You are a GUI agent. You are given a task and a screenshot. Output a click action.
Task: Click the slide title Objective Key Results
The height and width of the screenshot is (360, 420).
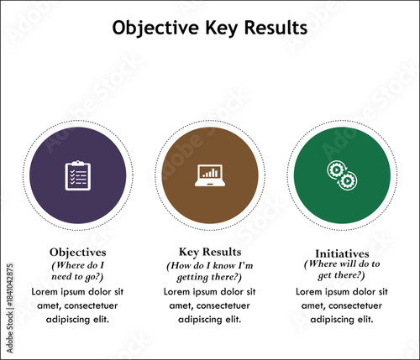(x=209, y=28)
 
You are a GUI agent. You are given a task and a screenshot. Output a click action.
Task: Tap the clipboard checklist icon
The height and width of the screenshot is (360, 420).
(x=77, y=175)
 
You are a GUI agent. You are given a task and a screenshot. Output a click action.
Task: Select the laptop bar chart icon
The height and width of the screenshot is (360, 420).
(x=210, y=175)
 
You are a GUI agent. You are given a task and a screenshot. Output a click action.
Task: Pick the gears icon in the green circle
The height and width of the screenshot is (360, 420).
(x=342, y=175)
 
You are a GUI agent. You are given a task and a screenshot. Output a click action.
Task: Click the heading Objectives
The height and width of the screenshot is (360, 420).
(x=77, y=251)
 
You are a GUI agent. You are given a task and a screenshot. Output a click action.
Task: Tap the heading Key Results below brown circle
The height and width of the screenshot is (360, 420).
(x=210, y=251)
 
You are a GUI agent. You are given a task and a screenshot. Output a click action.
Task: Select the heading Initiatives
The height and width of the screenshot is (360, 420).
(x=342, y=253)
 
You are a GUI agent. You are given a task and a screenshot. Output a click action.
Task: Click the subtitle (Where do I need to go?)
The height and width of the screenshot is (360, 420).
(x=77, y=271)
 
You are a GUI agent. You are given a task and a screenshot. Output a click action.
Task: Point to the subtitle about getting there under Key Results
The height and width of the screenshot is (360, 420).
(x=210, y=271)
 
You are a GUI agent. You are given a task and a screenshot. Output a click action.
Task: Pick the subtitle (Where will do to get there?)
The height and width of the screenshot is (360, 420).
(x=342, y=269)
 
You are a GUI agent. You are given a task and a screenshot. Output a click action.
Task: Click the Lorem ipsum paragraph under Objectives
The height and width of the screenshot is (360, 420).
(x=77, y=305)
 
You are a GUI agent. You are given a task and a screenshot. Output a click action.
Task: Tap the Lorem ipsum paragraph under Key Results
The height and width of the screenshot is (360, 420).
(x=210, y=305)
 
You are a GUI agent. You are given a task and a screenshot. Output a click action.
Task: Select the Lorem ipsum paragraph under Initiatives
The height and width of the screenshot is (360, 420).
(x=342, y=305)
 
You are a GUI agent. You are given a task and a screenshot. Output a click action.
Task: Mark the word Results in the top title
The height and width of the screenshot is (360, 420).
(x=273, y=28)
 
